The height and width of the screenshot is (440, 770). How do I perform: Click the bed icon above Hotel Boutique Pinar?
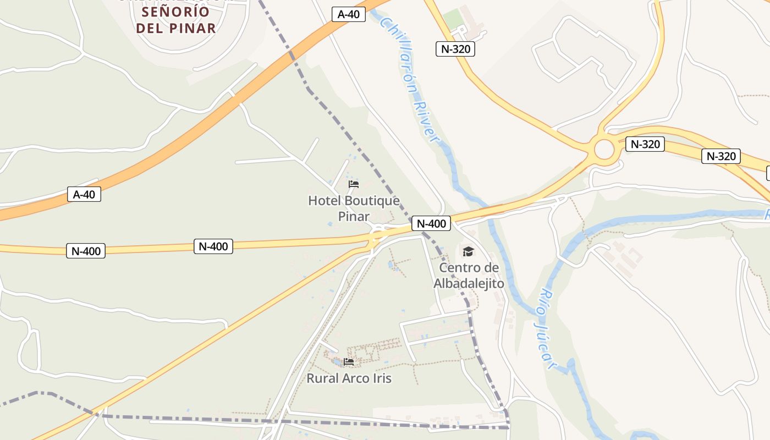[354, 184]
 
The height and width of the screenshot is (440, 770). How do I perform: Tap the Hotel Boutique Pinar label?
[354, 208]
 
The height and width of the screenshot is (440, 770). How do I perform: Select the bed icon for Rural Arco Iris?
[349, 361]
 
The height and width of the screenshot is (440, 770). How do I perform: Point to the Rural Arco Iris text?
[349, 378]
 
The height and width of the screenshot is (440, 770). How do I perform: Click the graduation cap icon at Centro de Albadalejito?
[468, 251]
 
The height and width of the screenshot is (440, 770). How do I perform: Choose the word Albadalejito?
[469, 284]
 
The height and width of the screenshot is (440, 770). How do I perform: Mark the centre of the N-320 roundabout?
[604, 149]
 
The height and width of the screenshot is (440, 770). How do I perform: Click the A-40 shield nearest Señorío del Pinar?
[349, 14]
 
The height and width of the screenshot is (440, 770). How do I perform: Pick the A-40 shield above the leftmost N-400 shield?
[84, 194]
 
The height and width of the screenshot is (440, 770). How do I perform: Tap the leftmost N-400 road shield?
[86, 251]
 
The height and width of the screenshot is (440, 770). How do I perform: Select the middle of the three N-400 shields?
[213, 246]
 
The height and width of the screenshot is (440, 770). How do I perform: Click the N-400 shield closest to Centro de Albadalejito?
[431, 223]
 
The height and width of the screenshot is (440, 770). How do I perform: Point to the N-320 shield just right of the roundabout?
[645, 145]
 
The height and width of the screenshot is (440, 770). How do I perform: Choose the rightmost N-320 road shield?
[721, 156]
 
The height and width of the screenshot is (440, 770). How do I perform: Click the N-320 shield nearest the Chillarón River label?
[455, 49]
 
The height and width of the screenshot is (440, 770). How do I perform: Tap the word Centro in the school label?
[469, 268]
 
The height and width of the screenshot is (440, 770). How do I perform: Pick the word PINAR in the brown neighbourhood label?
[191, 28]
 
